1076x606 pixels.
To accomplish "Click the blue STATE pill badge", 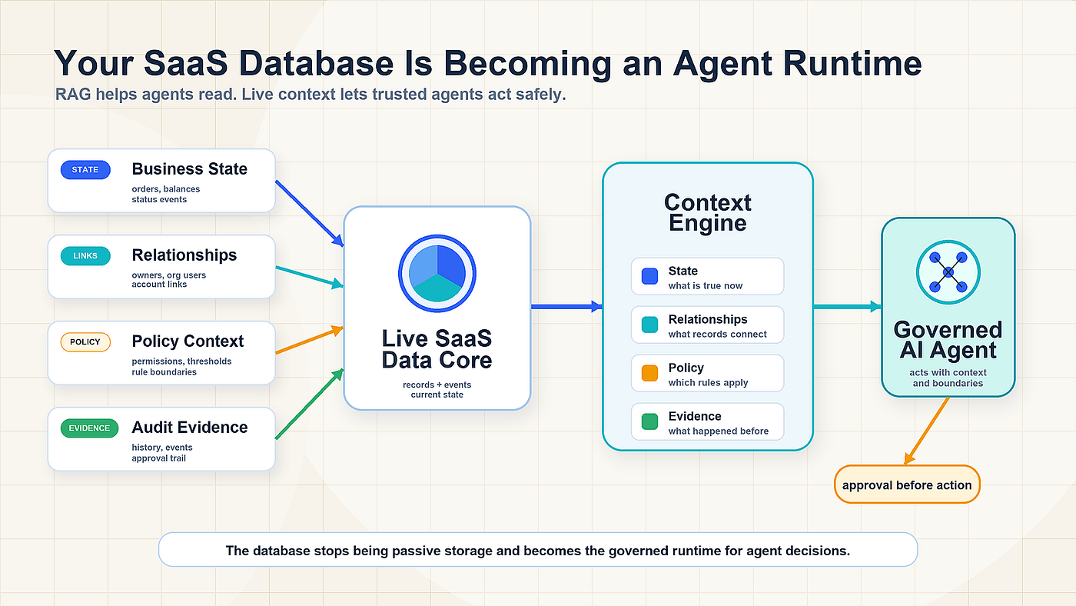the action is click(x=85, y=170).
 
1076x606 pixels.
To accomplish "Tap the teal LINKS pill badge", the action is click(x=85, y=255).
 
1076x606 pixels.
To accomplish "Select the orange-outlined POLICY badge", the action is click(x=85, y=342).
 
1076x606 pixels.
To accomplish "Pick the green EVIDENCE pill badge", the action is click(x=89, y=428).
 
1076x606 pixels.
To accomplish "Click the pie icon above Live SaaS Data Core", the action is click(x=437, y=274).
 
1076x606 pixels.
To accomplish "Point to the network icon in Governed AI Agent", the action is click(x=948, y=272).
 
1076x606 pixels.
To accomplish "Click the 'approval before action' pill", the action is click(x=907, y=484).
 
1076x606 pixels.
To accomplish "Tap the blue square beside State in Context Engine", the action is click(x=649, y=276).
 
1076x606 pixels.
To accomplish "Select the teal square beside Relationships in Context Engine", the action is click(x=649, y=325).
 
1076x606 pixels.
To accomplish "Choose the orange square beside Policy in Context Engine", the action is click(x=649, y=373).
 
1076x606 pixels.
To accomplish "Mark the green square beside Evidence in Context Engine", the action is click(x=649, y=421).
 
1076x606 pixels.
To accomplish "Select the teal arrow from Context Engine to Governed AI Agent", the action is click(x=847, y=307).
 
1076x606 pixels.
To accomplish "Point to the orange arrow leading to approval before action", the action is click(x=927, y=431).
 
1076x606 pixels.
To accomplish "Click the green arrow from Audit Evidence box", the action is click(x=310, y=404).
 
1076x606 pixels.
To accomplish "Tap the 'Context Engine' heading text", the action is click(x=708, y=213).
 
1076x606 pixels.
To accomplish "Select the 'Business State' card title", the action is click(x=190, y=169).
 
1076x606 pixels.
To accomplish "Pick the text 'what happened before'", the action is click(x=719, y=431).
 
